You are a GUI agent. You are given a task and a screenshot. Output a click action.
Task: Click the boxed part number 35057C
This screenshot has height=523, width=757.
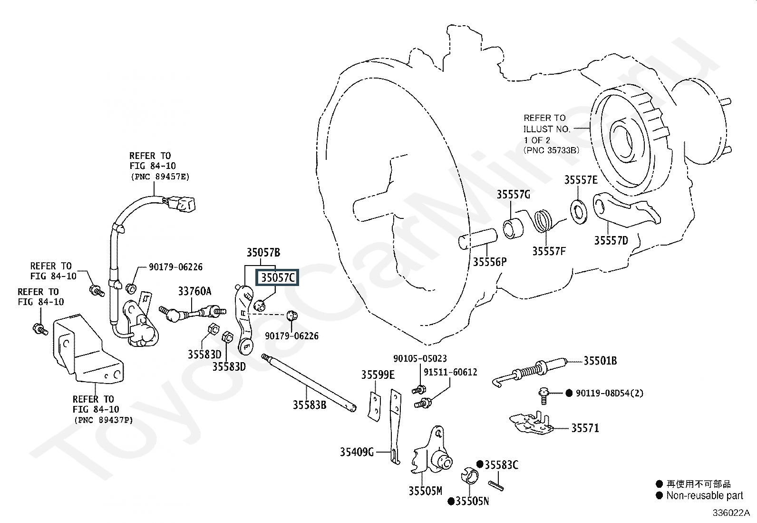point(277,278)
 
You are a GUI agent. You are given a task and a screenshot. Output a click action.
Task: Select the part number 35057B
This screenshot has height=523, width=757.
point(263,252)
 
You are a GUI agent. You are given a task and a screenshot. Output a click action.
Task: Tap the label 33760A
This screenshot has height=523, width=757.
point(194,291)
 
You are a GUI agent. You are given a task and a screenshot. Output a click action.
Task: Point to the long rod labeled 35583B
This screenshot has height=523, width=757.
point(309,382)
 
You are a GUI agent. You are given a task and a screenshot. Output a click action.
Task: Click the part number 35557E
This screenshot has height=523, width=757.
point(581,180)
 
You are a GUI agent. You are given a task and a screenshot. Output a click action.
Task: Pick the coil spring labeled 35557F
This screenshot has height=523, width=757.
point(543,221)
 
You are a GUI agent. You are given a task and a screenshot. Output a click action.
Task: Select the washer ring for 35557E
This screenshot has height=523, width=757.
point(579,212)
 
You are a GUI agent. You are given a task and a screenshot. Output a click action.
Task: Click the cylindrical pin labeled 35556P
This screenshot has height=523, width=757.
point(478,239)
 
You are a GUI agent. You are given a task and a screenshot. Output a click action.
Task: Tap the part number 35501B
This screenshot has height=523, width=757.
point(600,361)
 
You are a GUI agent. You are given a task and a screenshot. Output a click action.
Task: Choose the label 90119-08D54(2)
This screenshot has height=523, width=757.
point(610,393)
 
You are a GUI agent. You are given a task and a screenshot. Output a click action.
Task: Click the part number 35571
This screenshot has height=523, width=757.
point(585,428)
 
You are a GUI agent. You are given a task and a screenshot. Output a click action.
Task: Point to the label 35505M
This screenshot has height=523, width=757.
point(425,491)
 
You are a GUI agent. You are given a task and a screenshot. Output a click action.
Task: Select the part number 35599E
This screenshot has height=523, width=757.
point(378,375)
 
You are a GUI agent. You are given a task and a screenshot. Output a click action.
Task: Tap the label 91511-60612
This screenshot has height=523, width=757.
point(450,372)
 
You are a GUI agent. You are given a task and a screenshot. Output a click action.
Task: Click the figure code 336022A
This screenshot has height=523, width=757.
point(731,513)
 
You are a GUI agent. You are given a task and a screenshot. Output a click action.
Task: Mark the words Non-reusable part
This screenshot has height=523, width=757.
point(705,495)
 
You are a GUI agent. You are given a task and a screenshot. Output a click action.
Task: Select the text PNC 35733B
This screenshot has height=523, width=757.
point(552,150)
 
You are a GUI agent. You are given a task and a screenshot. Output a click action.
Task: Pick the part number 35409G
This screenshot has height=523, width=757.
point(357,452)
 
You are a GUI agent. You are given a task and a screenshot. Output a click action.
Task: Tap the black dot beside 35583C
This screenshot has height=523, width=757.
point(480,464)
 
